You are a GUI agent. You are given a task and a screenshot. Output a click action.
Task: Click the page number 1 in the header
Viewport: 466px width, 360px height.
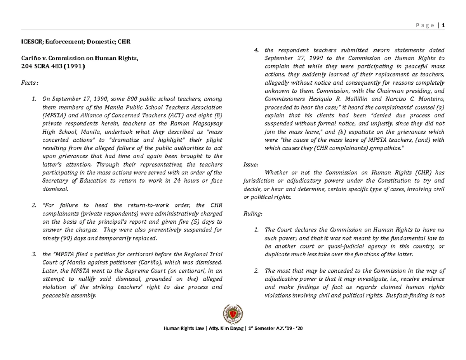point(443,26)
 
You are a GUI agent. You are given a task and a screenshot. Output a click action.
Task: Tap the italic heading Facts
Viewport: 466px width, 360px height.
point(30,82)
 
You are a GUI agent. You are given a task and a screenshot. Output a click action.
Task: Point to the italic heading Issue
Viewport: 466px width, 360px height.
point(250,164)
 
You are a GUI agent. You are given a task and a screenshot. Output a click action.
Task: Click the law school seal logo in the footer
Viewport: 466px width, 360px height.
point(233,315)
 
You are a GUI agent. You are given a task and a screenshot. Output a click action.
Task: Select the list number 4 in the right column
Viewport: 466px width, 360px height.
point(256,50)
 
